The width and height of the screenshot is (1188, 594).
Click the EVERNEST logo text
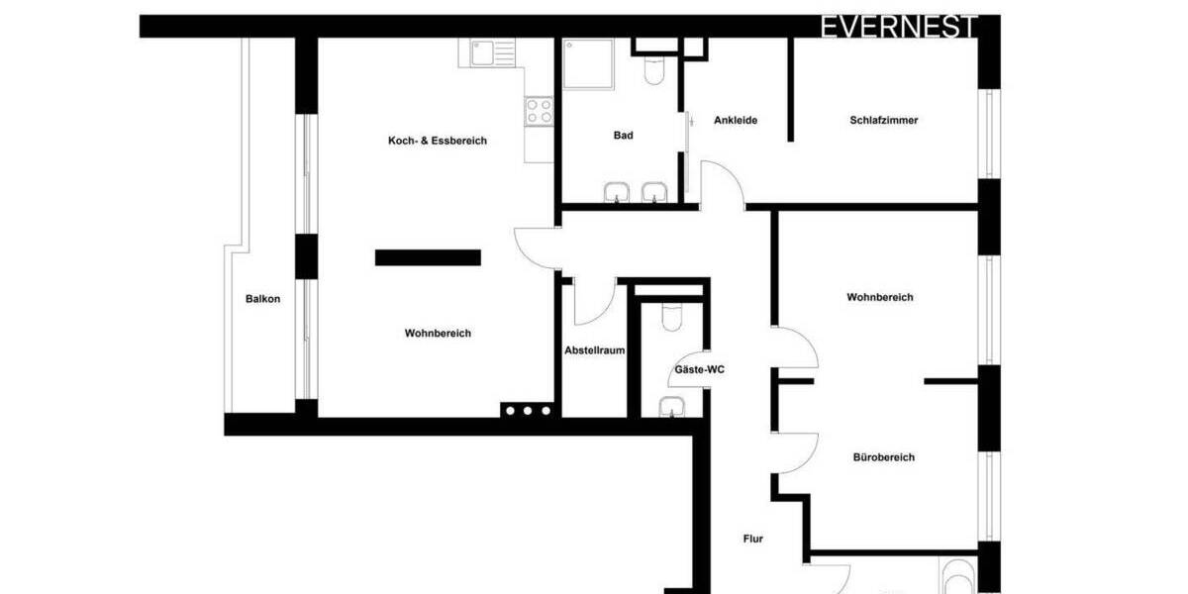899,27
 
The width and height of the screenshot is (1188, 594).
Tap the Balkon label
262,299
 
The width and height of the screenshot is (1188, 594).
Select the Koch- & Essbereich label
437,141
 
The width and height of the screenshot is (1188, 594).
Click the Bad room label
623,136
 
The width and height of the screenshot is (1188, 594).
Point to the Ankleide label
736,121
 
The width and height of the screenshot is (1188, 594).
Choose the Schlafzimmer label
883,121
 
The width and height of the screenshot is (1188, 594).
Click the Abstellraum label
594,350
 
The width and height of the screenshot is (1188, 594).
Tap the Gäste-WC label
699,369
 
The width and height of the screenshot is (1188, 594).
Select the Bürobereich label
883,457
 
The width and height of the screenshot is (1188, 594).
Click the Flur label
753,540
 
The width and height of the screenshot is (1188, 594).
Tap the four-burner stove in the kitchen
539,110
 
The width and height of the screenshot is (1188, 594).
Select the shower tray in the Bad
587,63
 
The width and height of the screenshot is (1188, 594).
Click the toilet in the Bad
654,69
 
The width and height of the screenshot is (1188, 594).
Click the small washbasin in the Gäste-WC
671,406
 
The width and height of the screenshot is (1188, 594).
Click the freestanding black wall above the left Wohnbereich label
428,257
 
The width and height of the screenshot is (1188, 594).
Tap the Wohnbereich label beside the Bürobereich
879,297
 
